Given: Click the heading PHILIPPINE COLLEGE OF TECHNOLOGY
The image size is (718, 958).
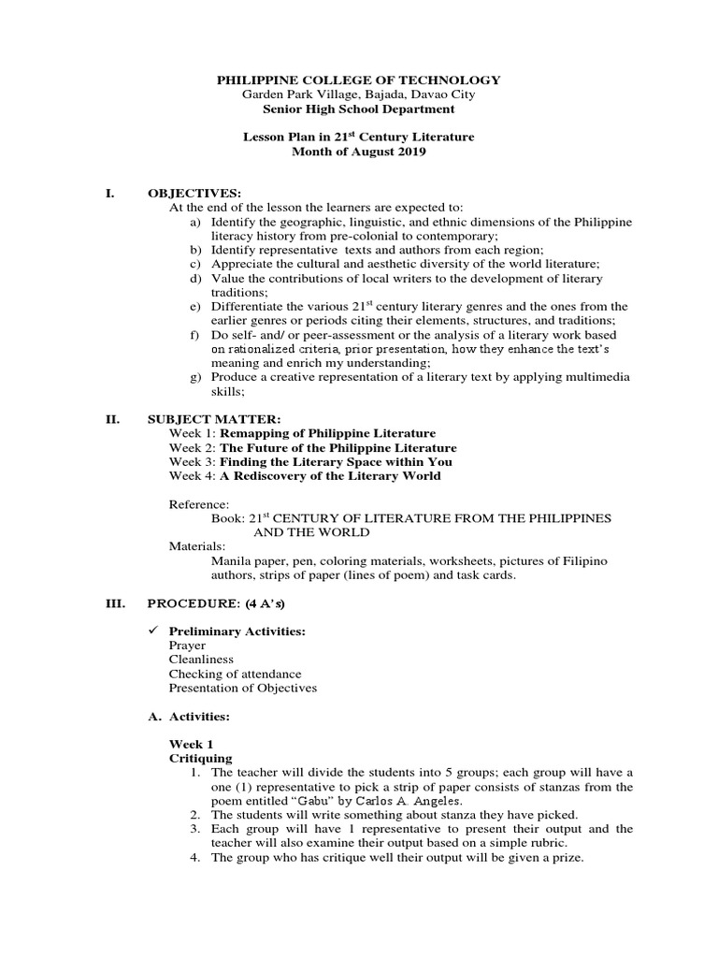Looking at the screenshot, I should pos(359,80).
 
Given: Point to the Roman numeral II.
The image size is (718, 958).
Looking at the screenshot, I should pos(112,418).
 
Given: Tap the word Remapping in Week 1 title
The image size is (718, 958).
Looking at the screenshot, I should pos(261,433).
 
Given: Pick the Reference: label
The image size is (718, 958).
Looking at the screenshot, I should pos(198,503).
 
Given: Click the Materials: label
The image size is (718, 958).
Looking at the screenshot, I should pos(197,546).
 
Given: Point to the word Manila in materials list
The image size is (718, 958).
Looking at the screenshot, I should pos(233,560).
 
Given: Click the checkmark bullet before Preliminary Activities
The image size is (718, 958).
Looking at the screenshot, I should pos(154,631).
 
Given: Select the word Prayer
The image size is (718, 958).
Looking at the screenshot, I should pos(188,646).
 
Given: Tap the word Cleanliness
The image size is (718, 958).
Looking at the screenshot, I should pos(202,660).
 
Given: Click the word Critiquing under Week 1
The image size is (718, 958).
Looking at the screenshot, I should pos(201,758).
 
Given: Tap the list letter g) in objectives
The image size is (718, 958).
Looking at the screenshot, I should pos(195,376).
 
